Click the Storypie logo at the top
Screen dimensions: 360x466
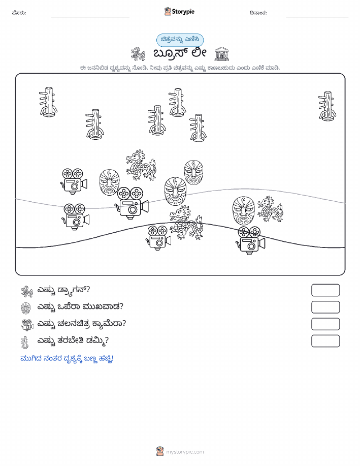click(x=179, y=12)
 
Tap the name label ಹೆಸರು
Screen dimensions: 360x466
click(x=19, y=13)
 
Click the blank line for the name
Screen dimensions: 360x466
click(x=90, y=17)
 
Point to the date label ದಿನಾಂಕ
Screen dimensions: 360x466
click(x=258, y=13)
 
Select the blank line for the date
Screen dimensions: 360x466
click(x=317, y=17)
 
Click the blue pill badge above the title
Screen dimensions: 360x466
click(x=180, y=40)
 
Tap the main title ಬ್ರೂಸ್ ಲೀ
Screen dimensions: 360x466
click(x=180, y=53)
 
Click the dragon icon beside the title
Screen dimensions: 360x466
click(x=138, y=54)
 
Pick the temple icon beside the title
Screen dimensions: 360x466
click(x=221, y=54)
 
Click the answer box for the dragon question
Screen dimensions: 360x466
click(x=325, y=290)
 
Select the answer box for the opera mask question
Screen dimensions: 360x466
click(x=325, y=307)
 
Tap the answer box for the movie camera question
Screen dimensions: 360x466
click(x=325, y=324)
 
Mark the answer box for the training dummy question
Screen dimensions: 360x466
click(x=325, y=341)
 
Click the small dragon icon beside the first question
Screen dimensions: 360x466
click(x=27, y=292)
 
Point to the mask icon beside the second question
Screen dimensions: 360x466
click(x=26, y=308)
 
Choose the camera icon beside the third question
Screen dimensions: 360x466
click(x=27, y=325)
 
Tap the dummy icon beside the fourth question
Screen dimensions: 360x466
click(x=25, y=342)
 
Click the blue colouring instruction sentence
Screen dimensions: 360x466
click(x=67, y=359)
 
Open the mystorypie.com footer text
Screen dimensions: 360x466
click(x=185, y=452)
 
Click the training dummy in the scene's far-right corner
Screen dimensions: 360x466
click(x=327, y=106)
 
